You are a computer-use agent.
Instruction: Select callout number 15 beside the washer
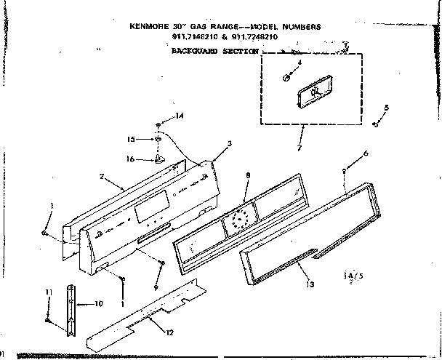coord(132,138)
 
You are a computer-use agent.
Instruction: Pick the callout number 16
coord(132,159)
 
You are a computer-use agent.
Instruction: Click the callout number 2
coord(103,175)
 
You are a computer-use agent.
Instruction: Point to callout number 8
coord(248,175)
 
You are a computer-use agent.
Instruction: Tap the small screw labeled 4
coord(288,76)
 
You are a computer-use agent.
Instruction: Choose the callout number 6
coord(366,153)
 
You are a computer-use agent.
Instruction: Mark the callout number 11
coord(49,292)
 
